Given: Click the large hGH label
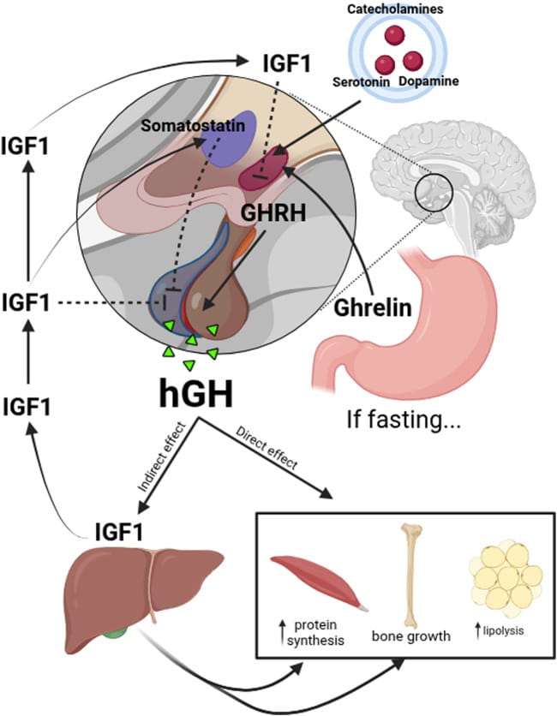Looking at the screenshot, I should point(196,392).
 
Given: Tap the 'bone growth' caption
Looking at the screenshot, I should point(410,636).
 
